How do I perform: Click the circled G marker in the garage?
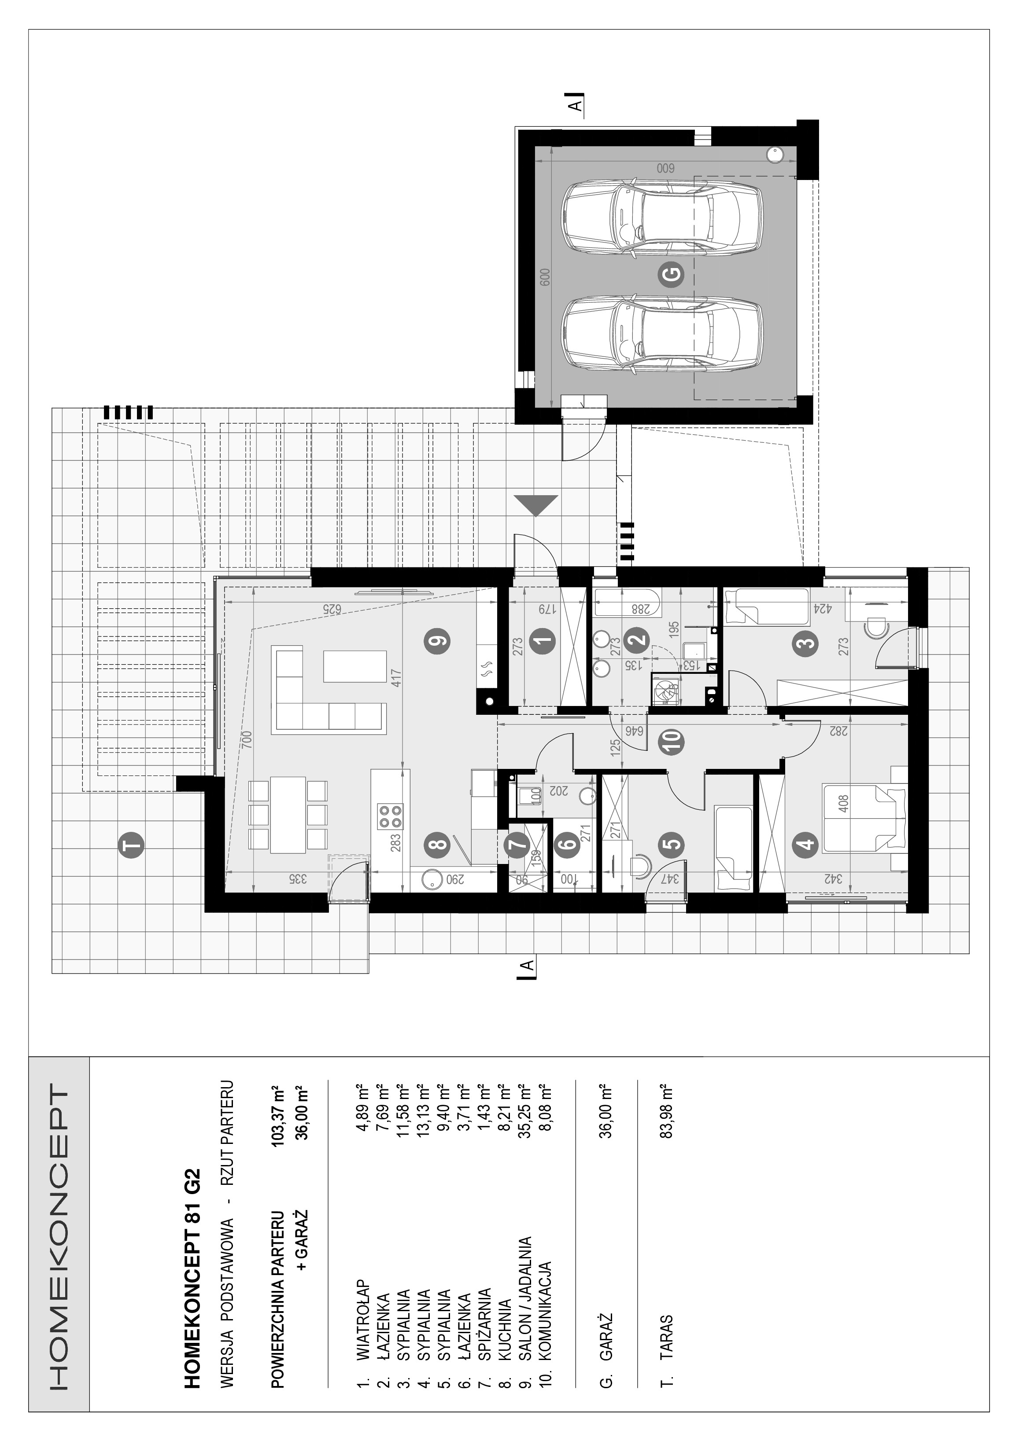[x=671, y=274]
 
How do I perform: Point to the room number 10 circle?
[x=672, y=743]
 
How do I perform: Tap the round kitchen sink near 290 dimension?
[x=431, y=879]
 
